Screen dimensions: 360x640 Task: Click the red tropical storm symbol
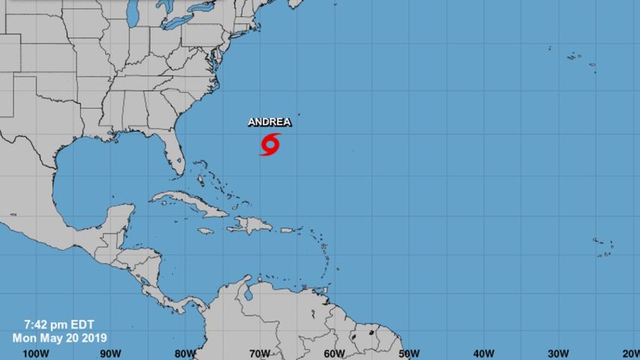click(x=270, y=144)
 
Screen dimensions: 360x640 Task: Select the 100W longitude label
click(x=35, y=353)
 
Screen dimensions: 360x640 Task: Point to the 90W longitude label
click(x=110, y=353)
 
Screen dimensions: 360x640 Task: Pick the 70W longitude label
click(x=260, y=353)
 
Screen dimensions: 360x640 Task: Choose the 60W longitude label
click(x=335, y=353)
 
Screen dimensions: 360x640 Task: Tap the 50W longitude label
click(x=409, y=353)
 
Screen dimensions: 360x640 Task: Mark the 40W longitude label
click(x=484, y=353)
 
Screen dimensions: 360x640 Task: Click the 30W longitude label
click(x=559, y=353)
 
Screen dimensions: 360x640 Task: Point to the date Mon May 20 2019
click(x=60, y=338)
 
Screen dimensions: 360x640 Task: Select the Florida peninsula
click(x=174, y=157)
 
